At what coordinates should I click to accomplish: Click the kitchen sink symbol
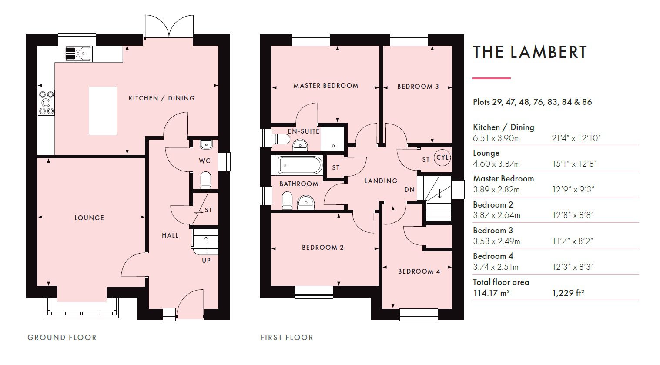pyautogui.click(x=77, y=54)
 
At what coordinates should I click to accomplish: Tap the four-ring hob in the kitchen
pyautogui.click(x=46, y=102)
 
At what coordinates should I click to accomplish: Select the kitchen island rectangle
pyautogui.click(x=103, y=111)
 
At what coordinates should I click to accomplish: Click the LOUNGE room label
pyautogui.click(x=89, y=218)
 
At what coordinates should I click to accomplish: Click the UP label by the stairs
pyautogui.click(x=206, y=260)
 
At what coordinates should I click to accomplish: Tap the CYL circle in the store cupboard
pyautogui.click(x=442, y=157)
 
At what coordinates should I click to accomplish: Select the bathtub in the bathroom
pyautogui.click(x=300, y=165)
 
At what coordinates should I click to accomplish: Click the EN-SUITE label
pyautogui.click(x=303, y=131)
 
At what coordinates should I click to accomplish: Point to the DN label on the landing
pyautogui.click(x=409, y=190)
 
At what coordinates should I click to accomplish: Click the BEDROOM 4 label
pyautogui.click(x=419, y=271)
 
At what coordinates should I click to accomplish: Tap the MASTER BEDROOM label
pyautogui.click(x=325, y=86)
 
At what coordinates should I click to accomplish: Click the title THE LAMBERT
pyautogui.click(x=530, y=52)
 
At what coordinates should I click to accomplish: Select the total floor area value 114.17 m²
pyautogui.click(x=491, y=293)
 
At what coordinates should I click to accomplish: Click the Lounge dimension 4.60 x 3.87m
pyautogui.click(x=496, y=164)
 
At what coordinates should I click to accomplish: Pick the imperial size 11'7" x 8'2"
pyautogui.click(x=573, y=241)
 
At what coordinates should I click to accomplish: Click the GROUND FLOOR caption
pyautogui.click(x=62, y=337)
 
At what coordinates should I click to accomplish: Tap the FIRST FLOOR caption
pyautogui.click(x=286, y=337)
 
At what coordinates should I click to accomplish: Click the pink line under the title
pyautogui.click(x=491, y=78)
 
